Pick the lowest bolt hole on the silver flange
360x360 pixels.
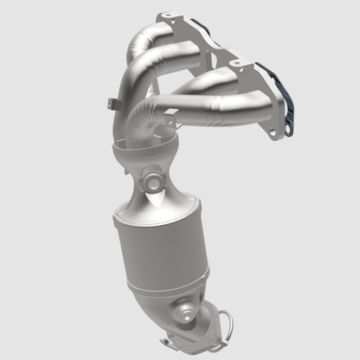coord(279,133)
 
